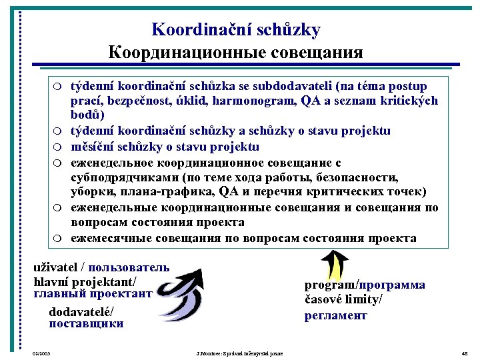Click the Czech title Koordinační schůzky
point(236,30)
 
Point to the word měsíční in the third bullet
point(91,147)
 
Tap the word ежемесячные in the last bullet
point(109,238)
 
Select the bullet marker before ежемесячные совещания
point(59,239)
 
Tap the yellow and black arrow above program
point(338,263)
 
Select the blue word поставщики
point(86,324)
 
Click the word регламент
point(336,315)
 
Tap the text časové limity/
point(343,300)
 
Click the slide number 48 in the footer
point(465,352)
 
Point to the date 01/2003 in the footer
point(41,352)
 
